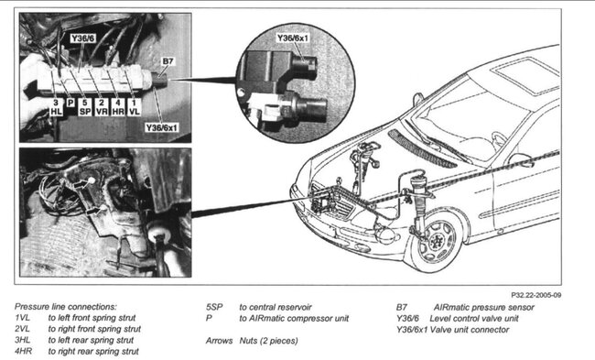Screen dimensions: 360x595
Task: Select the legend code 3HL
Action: (x=23, y=340)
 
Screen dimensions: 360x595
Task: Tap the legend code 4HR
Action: (x=23, y=351)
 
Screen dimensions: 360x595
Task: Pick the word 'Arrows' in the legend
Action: (x=222, y=340)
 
